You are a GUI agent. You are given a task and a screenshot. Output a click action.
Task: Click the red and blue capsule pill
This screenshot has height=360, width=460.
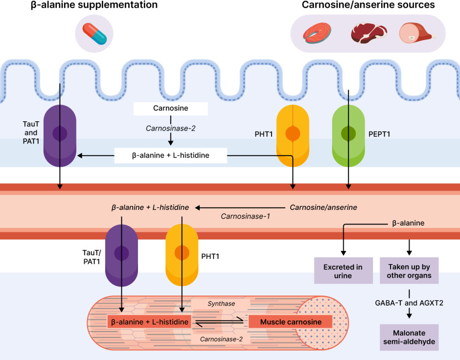pos(94,33)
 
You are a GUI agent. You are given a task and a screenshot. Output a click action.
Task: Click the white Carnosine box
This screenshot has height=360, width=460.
pos(171,108)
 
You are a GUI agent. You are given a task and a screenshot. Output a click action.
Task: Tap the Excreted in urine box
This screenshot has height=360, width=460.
pos(343,271)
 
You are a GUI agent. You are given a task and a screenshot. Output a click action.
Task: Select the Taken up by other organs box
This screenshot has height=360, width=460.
pos(410,271)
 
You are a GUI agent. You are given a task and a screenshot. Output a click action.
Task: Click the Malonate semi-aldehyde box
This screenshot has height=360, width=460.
pos(410,337)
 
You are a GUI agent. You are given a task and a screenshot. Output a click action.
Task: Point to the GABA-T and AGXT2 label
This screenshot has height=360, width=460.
pos(410,303)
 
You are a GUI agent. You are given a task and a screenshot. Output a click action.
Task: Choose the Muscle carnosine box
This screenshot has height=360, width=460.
pos(291,322)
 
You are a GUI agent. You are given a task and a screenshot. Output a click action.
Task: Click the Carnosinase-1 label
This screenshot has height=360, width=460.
pos(245,216)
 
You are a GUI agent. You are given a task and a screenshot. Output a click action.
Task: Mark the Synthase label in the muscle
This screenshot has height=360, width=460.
pos(221,304)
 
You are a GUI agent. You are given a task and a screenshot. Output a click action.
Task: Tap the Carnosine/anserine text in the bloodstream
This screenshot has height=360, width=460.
pos(323,207)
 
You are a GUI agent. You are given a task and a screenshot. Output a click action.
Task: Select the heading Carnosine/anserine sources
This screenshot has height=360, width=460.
pos(368,5)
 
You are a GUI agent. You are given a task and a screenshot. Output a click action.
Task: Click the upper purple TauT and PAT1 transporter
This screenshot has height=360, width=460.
pos(60,133)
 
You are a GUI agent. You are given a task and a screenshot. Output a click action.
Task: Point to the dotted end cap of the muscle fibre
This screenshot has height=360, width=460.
pos(323,321)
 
